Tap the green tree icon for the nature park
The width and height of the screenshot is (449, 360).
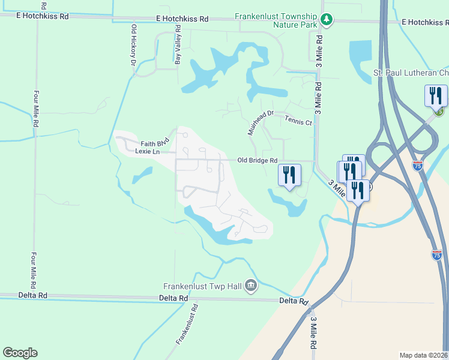tap(327, 20)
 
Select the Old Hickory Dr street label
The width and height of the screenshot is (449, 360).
tap(133, 44)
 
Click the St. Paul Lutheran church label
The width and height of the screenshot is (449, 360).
tap(411, 73)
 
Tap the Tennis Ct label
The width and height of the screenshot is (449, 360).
tap(298, 121)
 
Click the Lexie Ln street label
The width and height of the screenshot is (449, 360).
tap(147, 151)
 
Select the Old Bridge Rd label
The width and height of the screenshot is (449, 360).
tap(257, 160)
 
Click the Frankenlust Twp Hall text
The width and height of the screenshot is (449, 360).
tap(202, 286)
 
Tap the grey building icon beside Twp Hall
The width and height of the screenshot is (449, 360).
tap(251, 286)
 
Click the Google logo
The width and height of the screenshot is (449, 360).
tap(20, 353)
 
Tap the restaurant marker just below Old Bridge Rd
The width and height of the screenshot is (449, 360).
tap(290, 175)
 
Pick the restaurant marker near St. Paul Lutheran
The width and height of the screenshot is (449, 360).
tap(436, 97)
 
